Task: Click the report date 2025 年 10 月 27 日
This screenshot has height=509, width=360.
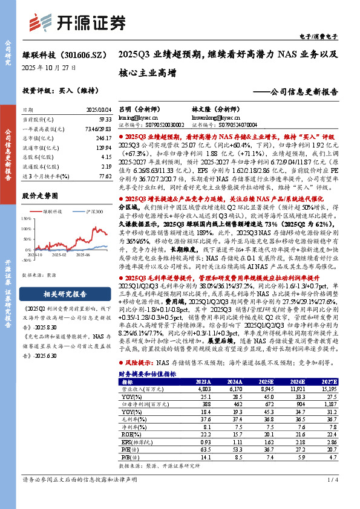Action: (49, 68)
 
